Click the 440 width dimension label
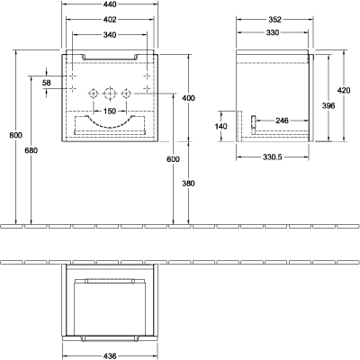(110, 4)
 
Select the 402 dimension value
(110, 20)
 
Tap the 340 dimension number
(110, 35)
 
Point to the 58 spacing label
(47, 83)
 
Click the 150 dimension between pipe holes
(110, 111)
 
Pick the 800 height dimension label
(15, 135)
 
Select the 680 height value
(31, 150)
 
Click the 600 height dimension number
(174, 159)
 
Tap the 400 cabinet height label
(188, 98)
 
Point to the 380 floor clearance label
(188, 184)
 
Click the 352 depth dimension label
(274, 20)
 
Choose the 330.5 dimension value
(273, 157)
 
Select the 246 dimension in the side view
(282, 121)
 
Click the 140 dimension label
(221, 126)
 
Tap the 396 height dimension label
(328, 105)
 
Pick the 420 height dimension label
(344, 90)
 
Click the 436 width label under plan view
(110, 356)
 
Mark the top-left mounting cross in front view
(73, 76)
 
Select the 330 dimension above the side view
(273, 32)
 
